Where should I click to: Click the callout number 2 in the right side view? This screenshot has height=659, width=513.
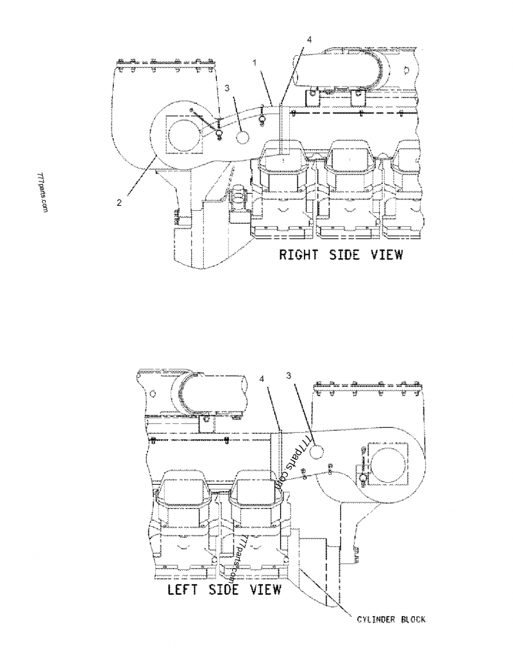[x=119, y=203]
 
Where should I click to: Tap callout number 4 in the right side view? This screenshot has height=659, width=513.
[x=310, y=40]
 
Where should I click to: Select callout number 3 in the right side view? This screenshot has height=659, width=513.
[x=226, y=87]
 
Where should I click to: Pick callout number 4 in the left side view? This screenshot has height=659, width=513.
[x=261, y=380]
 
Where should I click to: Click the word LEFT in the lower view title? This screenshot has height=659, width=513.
[x=183, y=589]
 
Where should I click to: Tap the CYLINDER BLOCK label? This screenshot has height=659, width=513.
[x=391, y=619]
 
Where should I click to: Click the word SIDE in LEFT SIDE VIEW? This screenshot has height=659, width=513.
[x=224, y=589]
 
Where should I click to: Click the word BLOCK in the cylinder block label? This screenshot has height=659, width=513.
[x=410, y=619]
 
